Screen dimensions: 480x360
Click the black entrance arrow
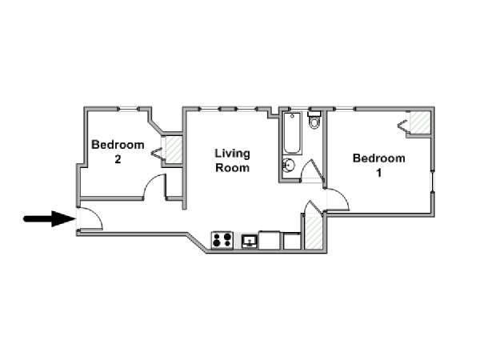[x=50, y=218]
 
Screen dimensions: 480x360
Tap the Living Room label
[x=232, y=161]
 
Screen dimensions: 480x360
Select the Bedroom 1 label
[x=378, y=166]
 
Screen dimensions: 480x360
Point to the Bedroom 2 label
[x=118, y=151]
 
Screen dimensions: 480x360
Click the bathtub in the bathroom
[x=292, y=133]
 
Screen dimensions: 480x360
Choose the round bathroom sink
[x=288, y=166]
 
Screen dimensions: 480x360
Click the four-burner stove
[x=222, y=240]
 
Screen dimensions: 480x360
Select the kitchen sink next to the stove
[x=250, y=242]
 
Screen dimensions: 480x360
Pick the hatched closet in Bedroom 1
[x=420, y=122]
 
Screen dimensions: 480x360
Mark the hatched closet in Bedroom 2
[x=174, y=150]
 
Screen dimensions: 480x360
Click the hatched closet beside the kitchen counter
[x=313, y=232]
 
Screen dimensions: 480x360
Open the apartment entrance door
[x=90, y=218]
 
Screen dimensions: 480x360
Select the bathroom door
[x=313, y=170]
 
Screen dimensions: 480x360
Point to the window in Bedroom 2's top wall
[x=128, y=109]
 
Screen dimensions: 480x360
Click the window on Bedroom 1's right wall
[x=432, y=182]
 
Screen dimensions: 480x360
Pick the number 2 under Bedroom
[x=118, y=159]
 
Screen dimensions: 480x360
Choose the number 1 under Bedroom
[x=379, y=174]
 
